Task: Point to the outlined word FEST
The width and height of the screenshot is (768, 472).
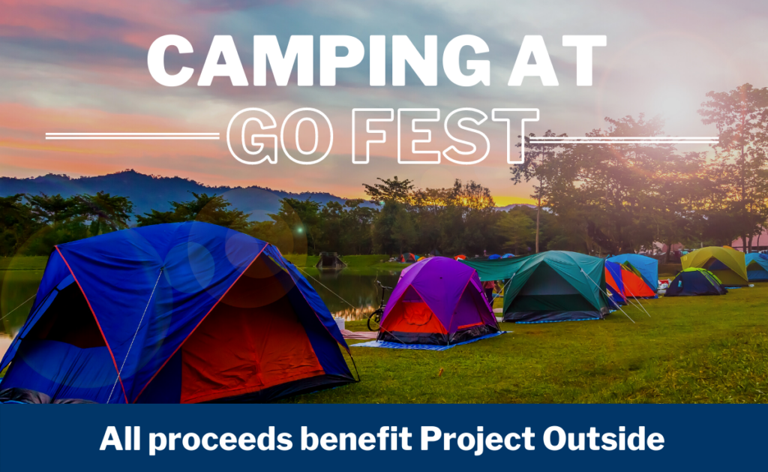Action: (445, 136)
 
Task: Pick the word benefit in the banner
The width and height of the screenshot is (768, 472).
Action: (356, 438)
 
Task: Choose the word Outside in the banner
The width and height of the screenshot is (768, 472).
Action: (604, 438)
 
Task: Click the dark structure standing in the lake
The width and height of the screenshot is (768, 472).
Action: (331, 260)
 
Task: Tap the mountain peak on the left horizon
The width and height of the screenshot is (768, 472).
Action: (128, 173)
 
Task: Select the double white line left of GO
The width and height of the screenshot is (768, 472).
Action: (132, 136)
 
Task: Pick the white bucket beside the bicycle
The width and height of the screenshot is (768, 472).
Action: (340, 323)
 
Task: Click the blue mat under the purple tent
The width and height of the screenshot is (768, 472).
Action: (426, 343)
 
